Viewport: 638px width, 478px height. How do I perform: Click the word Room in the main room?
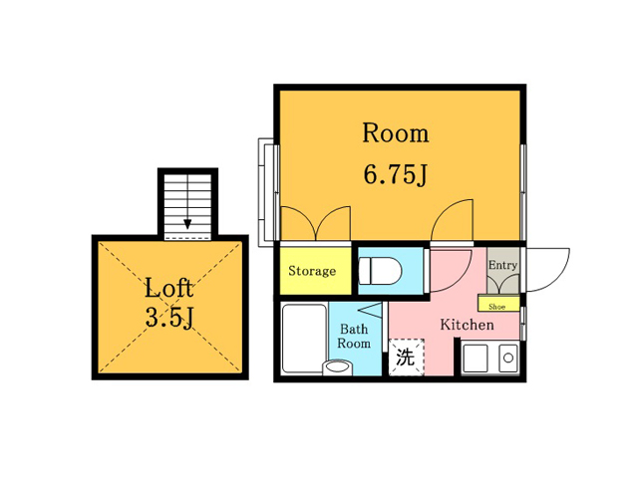pyautogui.click(x=396, y=132)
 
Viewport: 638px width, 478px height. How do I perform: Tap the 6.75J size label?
pyautogui.click(x=395, y=175)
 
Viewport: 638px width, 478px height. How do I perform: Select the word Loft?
pyautogui.click(x=168, y=288)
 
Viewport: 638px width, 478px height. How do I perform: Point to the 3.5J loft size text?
pyautogui.click(x=168, y=318)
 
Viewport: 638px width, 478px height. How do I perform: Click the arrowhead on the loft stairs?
pyautogui.click(x=187, y=224)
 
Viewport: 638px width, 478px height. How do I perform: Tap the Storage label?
pyautogui.click(x=312, y=271)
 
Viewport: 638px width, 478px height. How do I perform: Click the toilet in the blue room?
pyautogui.click(x=380, y=271)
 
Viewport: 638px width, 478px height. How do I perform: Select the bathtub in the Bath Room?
pyautogui.click(x=304, y=339)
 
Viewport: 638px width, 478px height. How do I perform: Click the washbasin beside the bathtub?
pyautogui.click(x=337, y=367)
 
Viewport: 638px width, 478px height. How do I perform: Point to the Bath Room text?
pyautogui.click(x=354, y=336)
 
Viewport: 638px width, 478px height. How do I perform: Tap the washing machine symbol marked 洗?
pyautogui.click(x=406, y=357)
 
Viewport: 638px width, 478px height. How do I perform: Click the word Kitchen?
pyautogui.click(x=468, y=325)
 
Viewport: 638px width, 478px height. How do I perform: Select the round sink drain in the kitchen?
pyautogui.click(x=508, y=358)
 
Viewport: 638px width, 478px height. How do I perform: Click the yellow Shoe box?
pyautogui.click(x=498, y=304)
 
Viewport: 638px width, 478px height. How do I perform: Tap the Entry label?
pyautogui.click(x=502, y=265)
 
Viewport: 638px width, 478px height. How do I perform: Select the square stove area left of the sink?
pyautogui.click(x=476, y=358)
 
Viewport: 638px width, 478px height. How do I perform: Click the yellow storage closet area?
pyautogui.click(x=315, y=271)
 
